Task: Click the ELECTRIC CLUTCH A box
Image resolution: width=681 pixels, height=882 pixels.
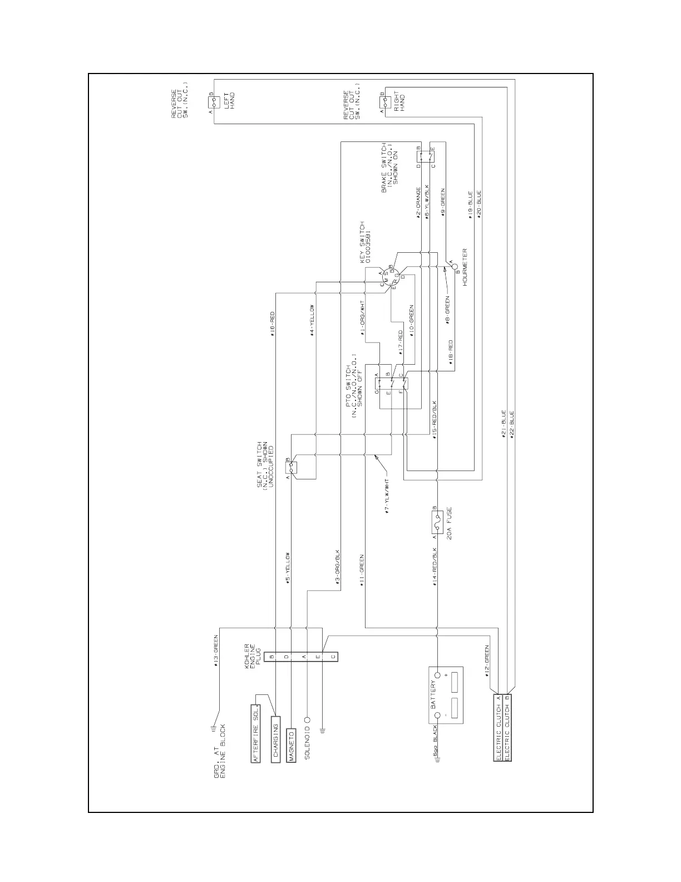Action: click(x=499, y=727)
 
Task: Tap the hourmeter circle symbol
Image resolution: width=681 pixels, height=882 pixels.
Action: click(x=453, y=266)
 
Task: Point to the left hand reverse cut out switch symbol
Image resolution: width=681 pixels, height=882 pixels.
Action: click(x=214, y=103)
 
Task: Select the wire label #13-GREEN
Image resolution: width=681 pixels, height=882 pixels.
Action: click(x=216, y=652)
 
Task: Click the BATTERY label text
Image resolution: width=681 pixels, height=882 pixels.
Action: click(x=433, y=694)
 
